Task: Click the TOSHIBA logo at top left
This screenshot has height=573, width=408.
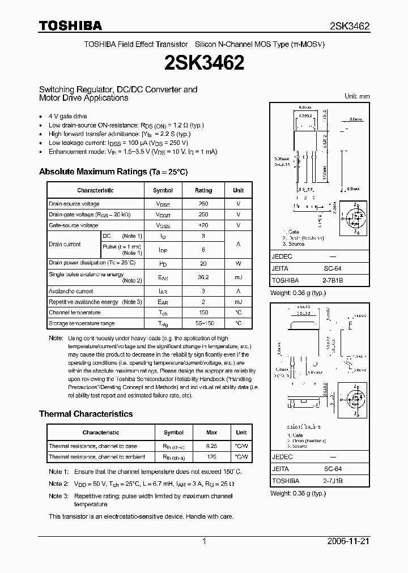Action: [70, 25]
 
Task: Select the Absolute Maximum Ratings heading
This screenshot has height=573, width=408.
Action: [113, 172]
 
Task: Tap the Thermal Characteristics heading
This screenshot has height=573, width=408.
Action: [86, 414]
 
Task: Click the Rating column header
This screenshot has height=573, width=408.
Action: [203, 190]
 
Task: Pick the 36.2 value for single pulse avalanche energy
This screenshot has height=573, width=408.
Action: [203, 277]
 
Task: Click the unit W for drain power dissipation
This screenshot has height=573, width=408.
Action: [238, 263]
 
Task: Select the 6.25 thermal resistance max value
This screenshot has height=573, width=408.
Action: [211, 446]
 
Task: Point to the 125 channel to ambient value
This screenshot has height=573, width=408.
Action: [211, 457]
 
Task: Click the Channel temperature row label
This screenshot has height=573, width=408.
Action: [74, 313]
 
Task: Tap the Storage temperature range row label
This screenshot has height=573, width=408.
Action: [81, 323]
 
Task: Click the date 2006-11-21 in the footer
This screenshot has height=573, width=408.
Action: [348, 541]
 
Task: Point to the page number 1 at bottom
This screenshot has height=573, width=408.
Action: [204, 541]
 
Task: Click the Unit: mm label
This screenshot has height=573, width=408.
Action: [357, 96]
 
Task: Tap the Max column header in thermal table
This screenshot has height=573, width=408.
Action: [211, 433]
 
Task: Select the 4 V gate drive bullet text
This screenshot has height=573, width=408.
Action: [68, 116]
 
